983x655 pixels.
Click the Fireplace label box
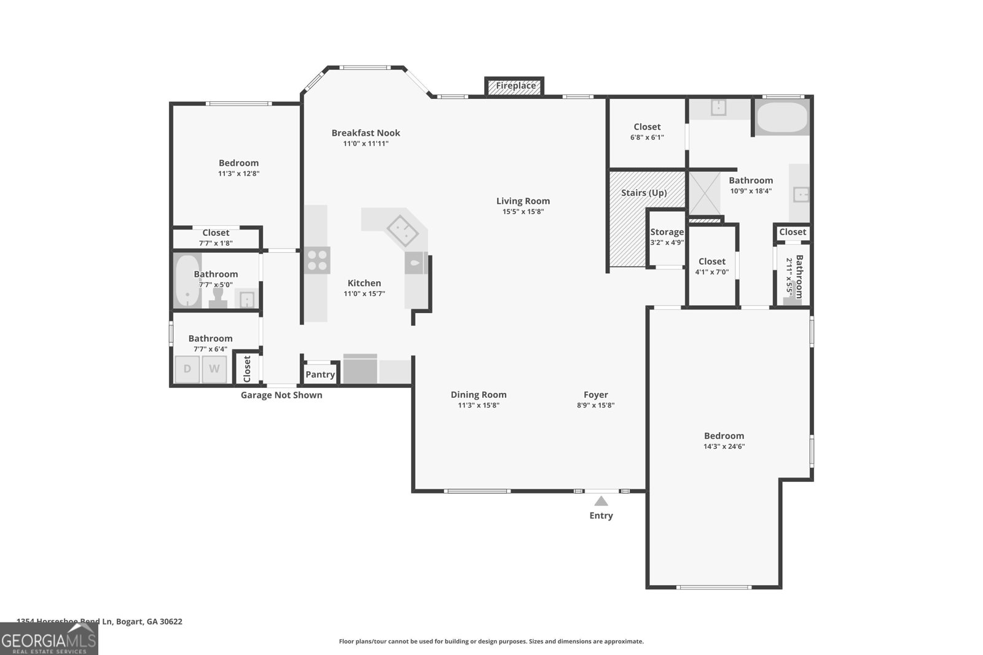pos(515,86)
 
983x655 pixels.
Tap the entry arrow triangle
pos(601,501)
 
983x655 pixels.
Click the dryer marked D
pos(187,369)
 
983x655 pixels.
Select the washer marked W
pos(214,369)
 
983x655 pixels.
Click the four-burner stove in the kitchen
pos(317,260)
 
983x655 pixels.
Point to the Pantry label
pos(320,374)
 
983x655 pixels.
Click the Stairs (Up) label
pos(643,193)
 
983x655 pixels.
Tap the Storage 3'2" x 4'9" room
pos(667,236)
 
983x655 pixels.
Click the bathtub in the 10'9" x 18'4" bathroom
pos(781,118)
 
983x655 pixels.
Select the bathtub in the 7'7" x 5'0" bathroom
pos(186,282)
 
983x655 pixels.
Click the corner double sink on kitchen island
pos(402,230)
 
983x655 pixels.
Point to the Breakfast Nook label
pos(366,133)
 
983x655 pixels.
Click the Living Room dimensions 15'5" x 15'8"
pos(523,212)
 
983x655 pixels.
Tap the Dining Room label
pos(478,395)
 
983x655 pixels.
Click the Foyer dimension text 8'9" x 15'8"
pos(595,405)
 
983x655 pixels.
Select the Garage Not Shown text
pos(281,395)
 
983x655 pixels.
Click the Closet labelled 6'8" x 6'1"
pos(647,132)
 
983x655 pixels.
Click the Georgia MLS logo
pos(49,639)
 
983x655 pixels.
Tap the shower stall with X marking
pos(704,193)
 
